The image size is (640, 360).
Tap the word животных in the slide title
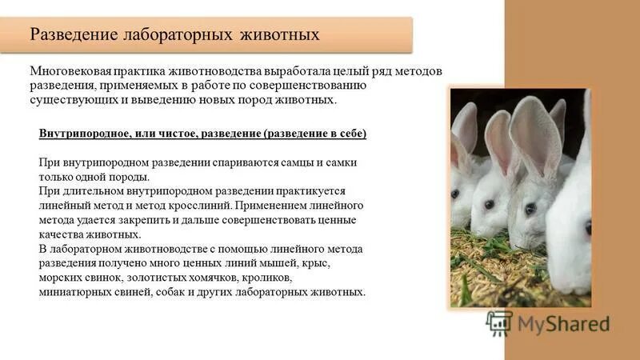(x=282, y=35)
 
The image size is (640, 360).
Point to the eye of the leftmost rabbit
(x=454, y=194)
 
